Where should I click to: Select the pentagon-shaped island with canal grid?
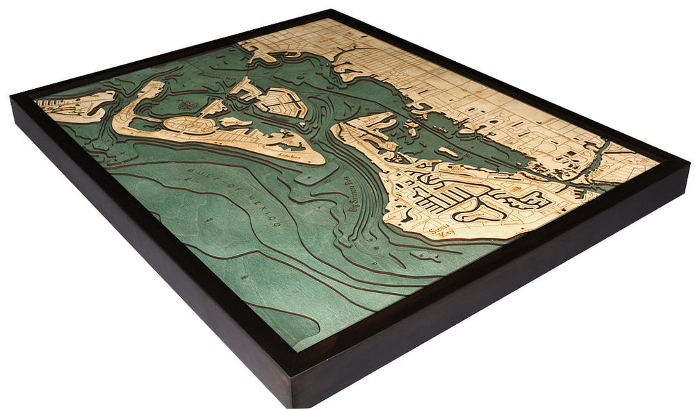point(281,102)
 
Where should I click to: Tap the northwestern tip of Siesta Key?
point(336,128)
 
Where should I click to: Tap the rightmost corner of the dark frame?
point(688,164)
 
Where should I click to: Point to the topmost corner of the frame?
point(332,10)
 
